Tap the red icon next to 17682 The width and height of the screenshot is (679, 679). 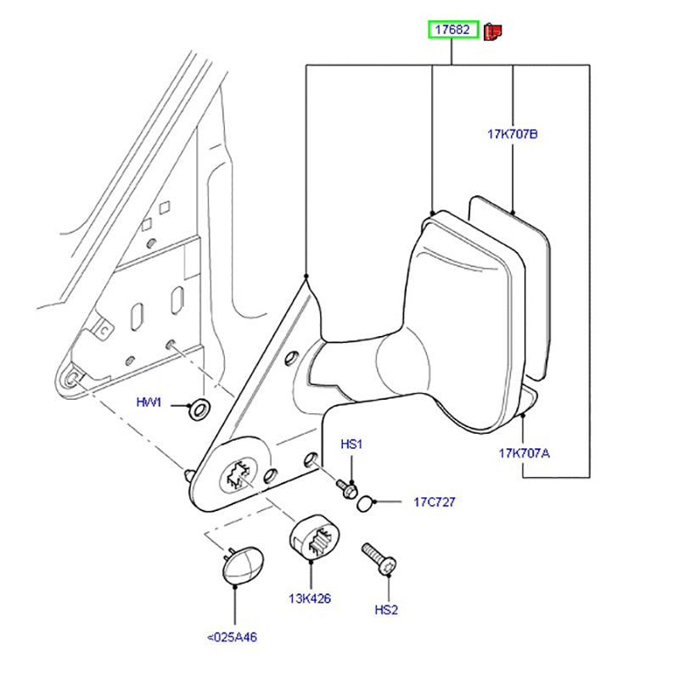493,32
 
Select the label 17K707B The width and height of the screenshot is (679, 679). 513,134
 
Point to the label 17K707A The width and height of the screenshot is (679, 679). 524,453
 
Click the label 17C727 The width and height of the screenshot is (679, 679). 435,502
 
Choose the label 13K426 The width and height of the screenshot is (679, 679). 309,599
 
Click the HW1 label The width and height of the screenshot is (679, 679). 149,402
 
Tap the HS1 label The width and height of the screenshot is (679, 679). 351,445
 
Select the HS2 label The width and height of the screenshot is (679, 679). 388,609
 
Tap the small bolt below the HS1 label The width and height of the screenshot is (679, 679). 348,489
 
